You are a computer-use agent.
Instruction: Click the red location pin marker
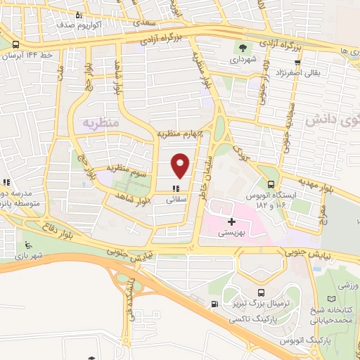pyautogui.click(x=181, y=164)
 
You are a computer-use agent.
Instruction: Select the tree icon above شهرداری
pyautogui.click(x=243, y=49)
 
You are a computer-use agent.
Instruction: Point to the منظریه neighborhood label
pyautogui.click(x=98, y=122)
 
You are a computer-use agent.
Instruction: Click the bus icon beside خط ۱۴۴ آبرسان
pyautogui.click(x=16, y=44)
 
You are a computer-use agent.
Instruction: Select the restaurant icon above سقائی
pyautogui.click(x=176, y=188)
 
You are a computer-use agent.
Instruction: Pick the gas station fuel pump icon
pyautogui.click(x=214, y=304)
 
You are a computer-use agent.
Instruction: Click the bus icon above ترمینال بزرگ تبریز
pyautogui.click(x=262, y=292)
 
